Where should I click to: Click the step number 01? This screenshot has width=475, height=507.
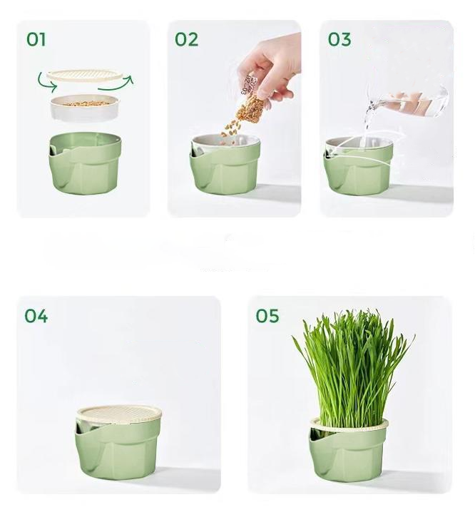(36, 39)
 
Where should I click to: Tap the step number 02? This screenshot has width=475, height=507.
(186, 39)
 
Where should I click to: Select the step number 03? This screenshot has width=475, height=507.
(339, 39)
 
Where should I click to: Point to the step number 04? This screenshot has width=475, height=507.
(36, 316)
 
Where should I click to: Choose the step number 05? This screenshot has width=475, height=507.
(267, 316)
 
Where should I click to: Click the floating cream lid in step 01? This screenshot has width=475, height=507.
(85, 76)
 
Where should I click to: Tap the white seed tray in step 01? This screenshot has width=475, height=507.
(85, 108)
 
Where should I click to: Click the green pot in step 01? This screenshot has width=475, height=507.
(85, 163)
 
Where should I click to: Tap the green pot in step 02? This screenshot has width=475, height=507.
(225, 165)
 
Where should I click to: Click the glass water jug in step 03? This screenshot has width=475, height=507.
(408, 101)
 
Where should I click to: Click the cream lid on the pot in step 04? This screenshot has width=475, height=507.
(119, 414)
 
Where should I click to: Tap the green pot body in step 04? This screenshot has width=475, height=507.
(118, 449)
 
